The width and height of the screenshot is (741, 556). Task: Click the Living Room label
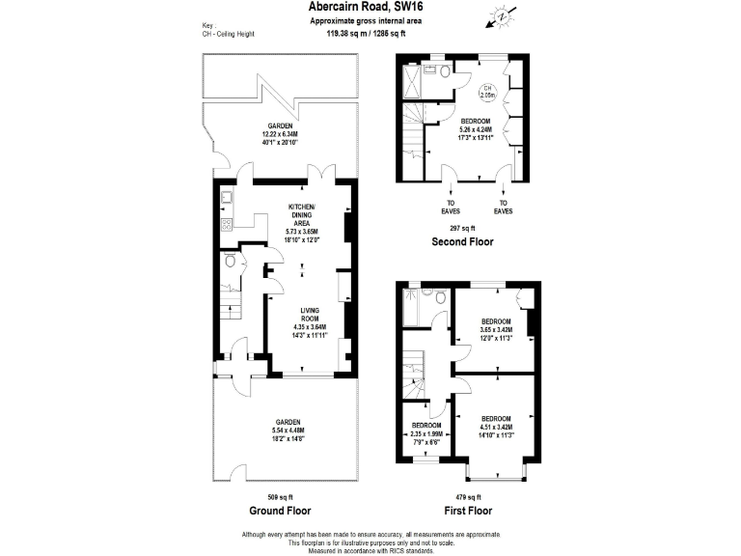pos(310,314)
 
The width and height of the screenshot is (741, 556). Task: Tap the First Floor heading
pos(468,510)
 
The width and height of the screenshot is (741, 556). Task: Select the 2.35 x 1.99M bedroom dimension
pos(426,433)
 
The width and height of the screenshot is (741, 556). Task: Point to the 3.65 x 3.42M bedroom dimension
pos(496,329)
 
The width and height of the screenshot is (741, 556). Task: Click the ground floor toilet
pos(232,261)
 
